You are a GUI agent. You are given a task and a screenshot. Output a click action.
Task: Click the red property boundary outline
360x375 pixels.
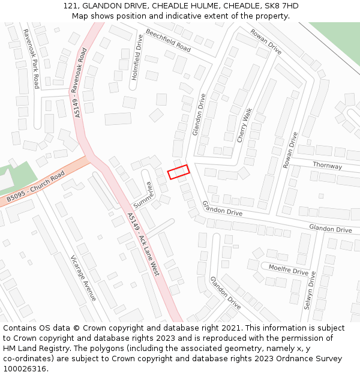[178, 172]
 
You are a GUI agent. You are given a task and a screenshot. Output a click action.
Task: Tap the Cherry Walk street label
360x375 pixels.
[244, 125]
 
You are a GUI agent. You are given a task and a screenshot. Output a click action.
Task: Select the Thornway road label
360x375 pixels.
[327, 166]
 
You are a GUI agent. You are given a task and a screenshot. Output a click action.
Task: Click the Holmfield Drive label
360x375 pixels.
[137, 58]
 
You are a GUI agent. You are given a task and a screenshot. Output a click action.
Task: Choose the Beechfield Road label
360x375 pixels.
[168, 40]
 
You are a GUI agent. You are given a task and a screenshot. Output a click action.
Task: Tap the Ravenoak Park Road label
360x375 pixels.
[31, 59]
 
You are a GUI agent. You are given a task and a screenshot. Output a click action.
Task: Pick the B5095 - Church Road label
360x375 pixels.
[35, 187]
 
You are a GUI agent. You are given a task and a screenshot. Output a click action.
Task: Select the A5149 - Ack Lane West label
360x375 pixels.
[144, 244]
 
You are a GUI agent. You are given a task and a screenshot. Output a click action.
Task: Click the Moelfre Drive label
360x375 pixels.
[288, 270]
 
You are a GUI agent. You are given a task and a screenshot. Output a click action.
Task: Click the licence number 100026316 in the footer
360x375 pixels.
[25, 369]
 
